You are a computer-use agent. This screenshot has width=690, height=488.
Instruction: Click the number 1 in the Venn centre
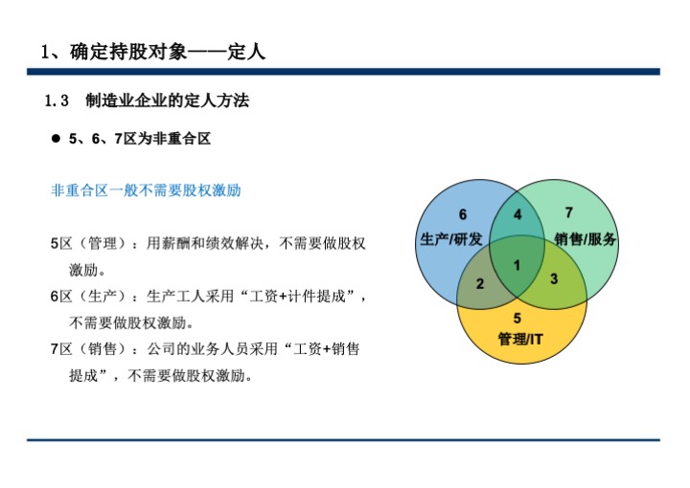pos(517,265)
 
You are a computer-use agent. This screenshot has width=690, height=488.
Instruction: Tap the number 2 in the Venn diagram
pos(480,284)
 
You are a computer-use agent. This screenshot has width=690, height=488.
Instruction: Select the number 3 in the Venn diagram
pos(554,278)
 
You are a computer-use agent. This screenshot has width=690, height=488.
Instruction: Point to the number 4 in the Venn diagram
pos(517,214)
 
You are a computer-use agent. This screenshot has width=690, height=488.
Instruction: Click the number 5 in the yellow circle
pos(517,318)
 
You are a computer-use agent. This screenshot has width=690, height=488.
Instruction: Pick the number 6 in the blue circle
pos(463,214)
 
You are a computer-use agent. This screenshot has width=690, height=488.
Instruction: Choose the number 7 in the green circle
pos(569,212)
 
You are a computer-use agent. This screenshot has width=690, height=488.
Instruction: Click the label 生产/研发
pos(451,239)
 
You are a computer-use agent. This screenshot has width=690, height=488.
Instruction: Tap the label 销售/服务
pos(585,239)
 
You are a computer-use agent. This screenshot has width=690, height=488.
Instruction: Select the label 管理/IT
pos(520,339)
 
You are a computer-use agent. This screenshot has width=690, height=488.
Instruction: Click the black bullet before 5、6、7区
pos(56,139)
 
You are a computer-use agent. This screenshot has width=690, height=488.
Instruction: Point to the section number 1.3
pos(57,101)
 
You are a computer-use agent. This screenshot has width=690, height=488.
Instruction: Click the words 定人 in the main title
pos(246,52)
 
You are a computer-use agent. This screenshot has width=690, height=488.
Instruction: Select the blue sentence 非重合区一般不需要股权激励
pos(146,190)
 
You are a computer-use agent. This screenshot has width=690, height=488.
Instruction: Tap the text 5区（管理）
pos(90,243)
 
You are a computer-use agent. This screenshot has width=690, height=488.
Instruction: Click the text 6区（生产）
pos(90,296)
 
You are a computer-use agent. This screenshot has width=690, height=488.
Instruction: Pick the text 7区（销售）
pos(90,348)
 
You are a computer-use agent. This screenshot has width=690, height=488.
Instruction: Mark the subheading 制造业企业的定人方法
pos(167,101)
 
